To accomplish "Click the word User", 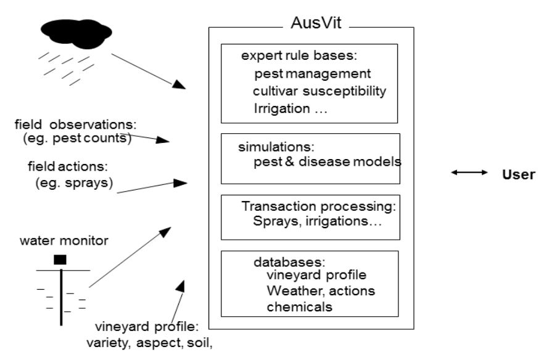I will click(518, 174).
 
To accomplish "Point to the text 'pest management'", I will click(312, 74).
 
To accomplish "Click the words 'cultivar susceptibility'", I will click(319, 91).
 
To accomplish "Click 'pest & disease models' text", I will click(328, 162).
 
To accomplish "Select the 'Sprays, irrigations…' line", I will click(317, 221).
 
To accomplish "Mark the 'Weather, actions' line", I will click(320, 290).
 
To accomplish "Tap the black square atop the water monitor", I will click(60, 260).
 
